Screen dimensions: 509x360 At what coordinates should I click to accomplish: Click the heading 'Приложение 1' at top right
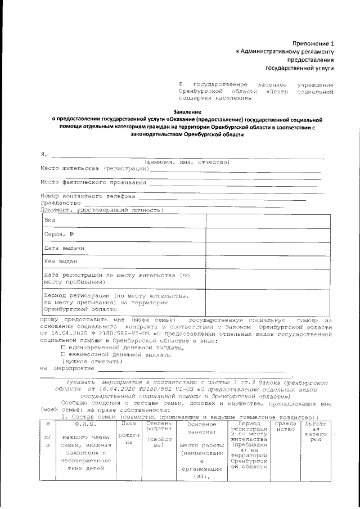[x=313, y=43]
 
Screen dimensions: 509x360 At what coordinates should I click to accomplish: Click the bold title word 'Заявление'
[x=186, y=112]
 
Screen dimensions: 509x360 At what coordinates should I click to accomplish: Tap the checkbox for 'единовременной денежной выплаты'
[x=63, y=348]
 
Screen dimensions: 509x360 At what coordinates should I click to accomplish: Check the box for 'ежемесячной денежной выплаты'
[x=63, y=354]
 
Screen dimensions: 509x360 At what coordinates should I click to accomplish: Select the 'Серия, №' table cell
[x=60, y=234]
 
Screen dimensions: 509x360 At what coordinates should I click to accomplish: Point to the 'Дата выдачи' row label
[x=64, y=248]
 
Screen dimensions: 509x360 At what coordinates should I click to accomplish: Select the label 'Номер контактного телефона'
[x=88, y=196]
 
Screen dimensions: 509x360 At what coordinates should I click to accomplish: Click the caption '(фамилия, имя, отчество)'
[x=186, y=161]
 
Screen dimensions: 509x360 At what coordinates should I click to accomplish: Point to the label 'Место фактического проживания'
[x=93, y=182]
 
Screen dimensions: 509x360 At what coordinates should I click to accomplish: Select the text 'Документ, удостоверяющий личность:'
[x=101, y=210]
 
